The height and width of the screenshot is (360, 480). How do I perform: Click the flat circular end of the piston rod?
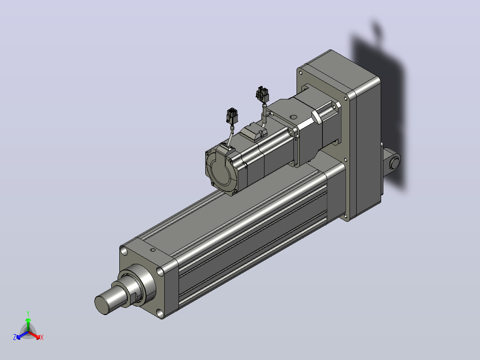(x=102, y=305)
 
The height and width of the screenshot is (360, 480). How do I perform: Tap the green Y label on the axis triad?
(x=28, y=313)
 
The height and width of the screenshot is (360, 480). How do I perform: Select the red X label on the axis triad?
(x=42, y=338)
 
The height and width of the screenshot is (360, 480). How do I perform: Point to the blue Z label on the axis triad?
(x=15, y=337)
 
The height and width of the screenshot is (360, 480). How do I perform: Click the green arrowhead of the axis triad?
(x=28, y=320)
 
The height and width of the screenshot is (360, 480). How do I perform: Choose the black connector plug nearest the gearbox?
(x=262, y=94)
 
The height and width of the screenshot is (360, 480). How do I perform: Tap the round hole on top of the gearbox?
(x=293, y=117)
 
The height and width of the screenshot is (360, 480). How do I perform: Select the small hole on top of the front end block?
(x=153, y=250)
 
